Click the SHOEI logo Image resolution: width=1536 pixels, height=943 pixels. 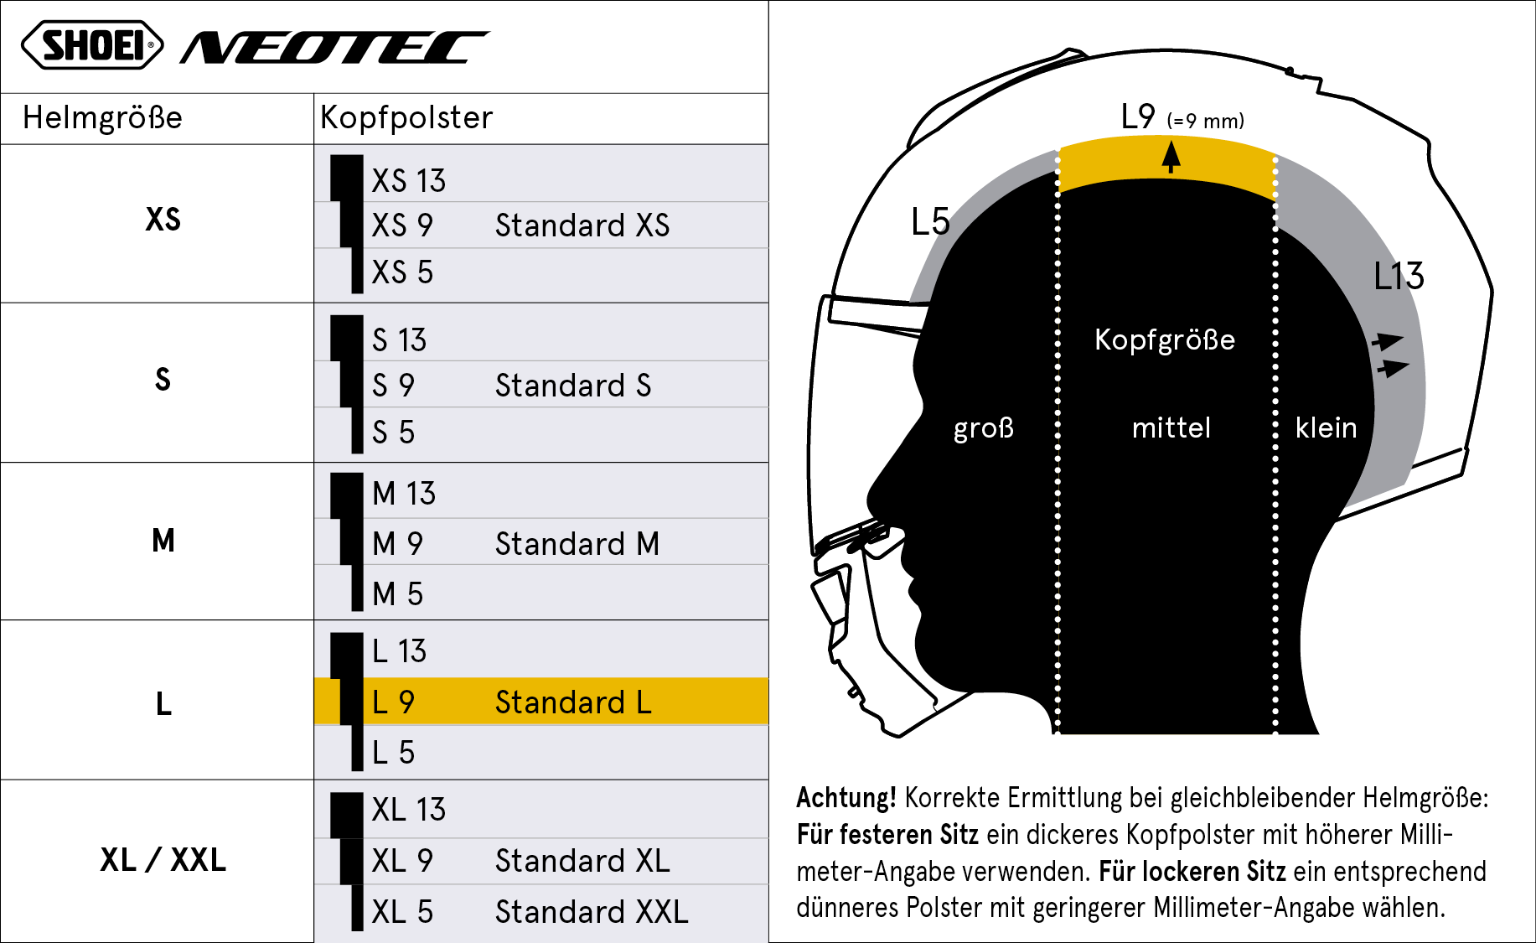point(92,45)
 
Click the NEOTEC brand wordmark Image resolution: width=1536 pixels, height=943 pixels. point(334,48)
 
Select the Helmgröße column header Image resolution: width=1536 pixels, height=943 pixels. point(102,117)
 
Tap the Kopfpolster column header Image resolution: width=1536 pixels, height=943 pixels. point(406,117)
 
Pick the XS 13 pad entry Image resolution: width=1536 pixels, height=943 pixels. point(408,181)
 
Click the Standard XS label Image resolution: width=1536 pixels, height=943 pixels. point(582,225)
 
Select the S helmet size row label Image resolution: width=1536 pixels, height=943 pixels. point(163,380)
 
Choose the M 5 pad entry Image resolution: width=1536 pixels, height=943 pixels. point(397,593)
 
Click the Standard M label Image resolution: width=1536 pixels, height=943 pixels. point(577,544)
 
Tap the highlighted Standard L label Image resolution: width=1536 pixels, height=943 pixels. point(573,702)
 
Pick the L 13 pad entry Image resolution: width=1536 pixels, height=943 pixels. point(399,651)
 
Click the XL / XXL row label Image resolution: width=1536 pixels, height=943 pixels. point(163,860)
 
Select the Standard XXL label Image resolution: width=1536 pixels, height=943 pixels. point(592,912)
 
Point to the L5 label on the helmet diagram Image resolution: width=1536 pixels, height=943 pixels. point(930,222)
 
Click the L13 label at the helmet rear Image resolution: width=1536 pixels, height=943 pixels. point(1399,276)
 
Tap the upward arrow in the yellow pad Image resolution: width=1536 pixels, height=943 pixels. point(1171,157)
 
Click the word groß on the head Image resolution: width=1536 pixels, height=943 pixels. point(984,428)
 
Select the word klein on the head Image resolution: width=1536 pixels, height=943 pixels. point(1326,427)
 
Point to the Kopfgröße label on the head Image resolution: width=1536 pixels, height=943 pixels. point(1165,339)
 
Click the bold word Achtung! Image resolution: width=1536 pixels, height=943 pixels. point(846,797)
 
